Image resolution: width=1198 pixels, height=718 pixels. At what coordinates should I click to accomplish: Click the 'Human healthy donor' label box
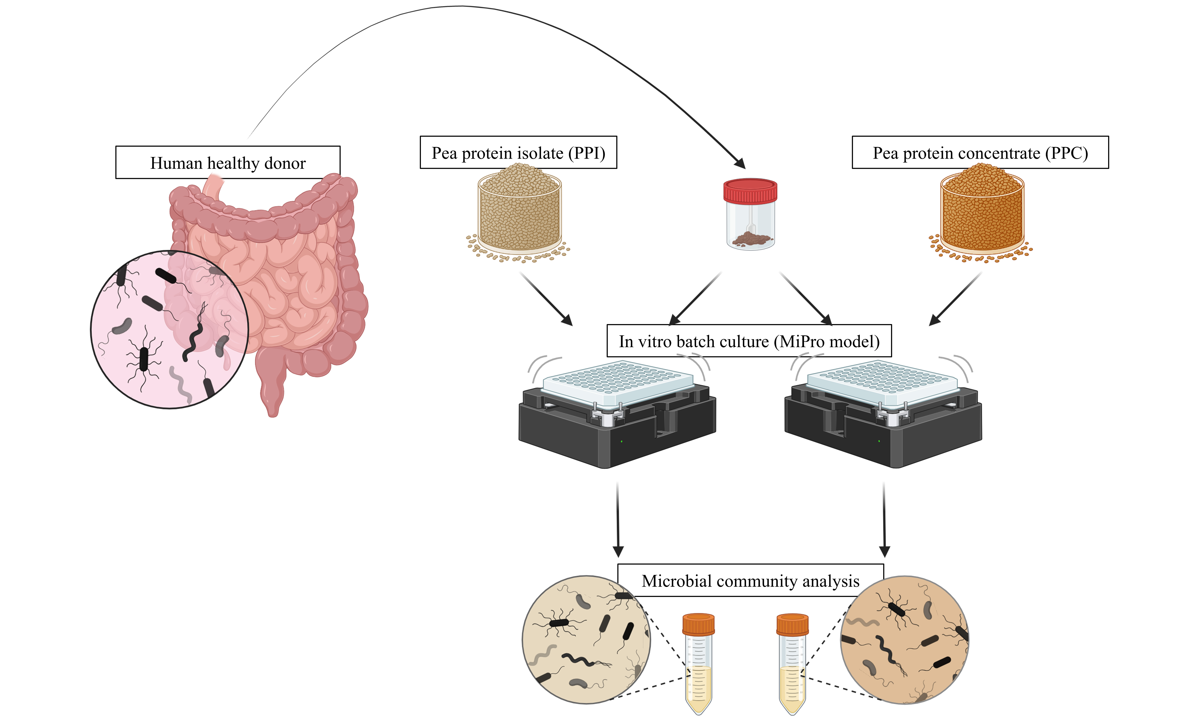click(228, 163)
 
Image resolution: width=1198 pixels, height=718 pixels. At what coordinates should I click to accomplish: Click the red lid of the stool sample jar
click(750, 190)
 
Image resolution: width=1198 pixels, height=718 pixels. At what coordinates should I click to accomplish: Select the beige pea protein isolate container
click(519, 213)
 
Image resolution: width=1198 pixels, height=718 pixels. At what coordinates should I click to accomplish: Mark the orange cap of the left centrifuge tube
click(698, 624)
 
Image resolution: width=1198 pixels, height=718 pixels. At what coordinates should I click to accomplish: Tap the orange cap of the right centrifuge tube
click(792, 624)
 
